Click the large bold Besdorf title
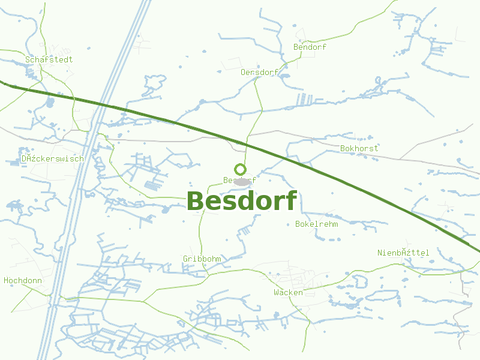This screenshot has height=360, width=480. coord(242,202)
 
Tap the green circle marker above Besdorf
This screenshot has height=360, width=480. coord(240,169)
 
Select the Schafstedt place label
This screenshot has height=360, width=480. coord(49,59)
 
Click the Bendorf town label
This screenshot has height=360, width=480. coord(310,47)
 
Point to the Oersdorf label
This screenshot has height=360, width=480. coord(259,72)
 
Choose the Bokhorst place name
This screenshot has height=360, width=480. coord(359,148)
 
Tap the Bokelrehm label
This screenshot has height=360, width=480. coord(317,224)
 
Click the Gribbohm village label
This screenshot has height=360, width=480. coord(202,259)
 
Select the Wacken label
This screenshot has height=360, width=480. coord(288,292)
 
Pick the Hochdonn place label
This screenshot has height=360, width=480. coord(22,280)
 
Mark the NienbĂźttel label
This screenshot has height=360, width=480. coord(403,253)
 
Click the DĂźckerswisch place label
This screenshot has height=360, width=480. coord(52,158)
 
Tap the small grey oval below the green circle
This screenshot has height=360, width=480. coord(242,181)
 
